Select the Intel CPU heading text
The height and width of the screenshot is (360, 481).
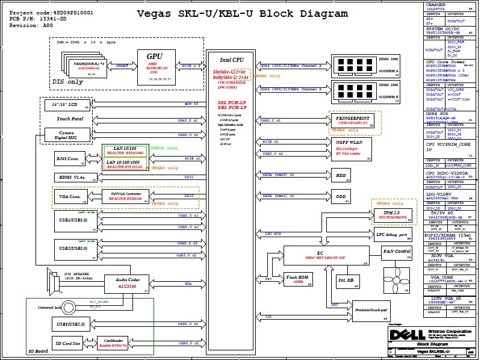(232, 60)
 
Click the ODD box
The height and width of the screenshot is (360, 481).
(341, 196)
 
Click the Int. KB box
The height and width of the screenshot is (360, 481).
(345, 280)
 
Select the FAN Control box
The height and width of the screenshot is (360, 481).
(397, 251)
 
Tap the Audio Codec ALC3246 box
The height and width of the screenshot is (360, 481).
(127, 283)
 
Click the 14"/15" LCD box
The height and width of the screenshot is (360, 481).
(67, 105)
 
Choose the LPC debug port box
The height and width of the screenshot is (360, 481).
(391, 235)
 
